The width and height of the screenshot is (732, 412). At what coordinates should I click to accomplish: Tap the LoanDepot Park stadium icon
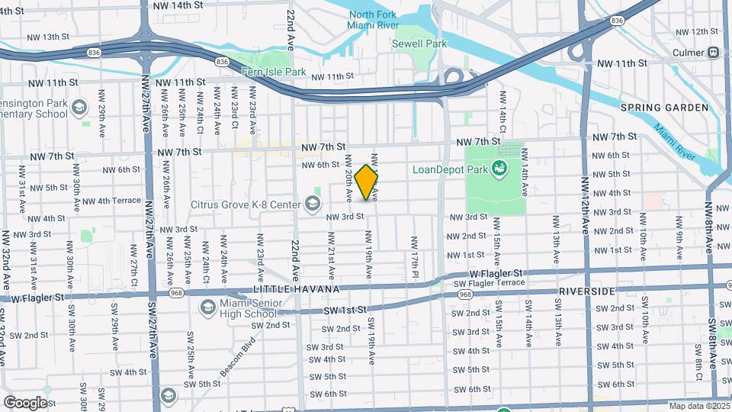click(x=500, y=169)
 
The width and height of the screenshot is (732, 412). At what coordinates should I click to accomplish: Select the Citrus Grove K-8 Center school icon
click(x=312, y=203)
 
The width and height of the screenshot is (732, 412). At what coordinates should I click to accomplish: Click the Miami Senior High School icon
click(x=207, y=307)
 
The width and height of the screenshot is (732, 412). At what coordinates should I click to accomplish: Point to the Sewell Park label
click(x=419, y=43)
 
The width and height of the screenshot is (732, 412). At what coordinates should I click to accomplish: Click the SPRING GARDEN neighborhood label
click(x=665, y=108)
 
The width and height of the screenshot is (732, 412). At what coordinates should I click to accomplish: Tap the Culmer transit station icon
click(x=714, y=53)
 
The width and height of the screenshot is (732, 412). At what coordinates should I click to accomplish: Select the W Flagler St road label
click(x=496, y=272)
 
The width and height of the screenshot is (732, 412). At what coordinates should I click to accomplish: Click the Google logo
click(x=24, y=402)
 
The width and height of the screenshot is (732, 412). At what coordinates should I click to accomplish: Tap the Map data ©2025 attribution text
click(x=699, y=406)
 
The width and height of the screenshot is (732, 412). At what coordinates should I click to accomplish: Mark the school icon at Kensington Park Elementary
click(x=79, y=108)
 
